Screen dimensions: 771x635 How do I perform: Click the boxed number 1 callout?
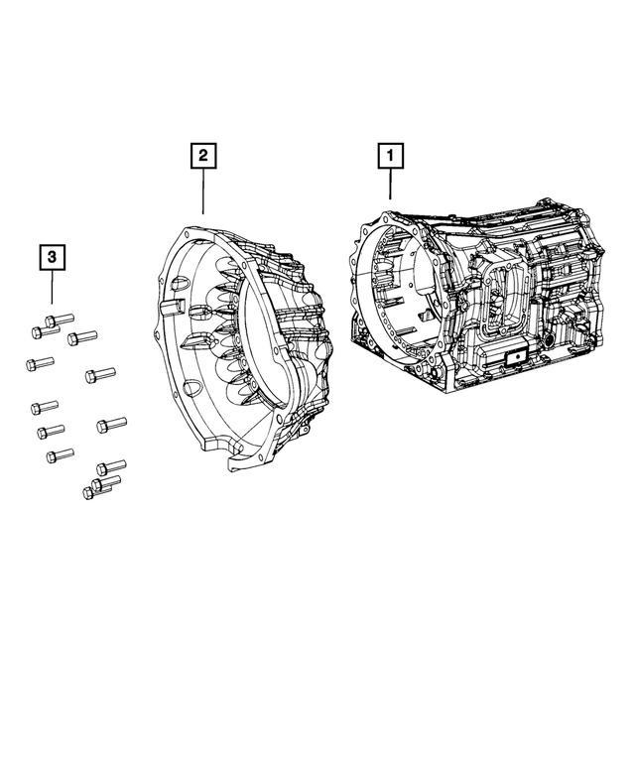[390, 156]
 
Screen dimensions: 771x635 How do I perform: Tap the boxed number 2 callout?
[203, 156]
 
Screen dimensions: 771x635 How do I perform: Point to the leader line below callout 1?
[390, 185]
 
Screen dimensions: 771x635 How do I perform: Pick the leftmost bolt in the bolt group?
[37, 364]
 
